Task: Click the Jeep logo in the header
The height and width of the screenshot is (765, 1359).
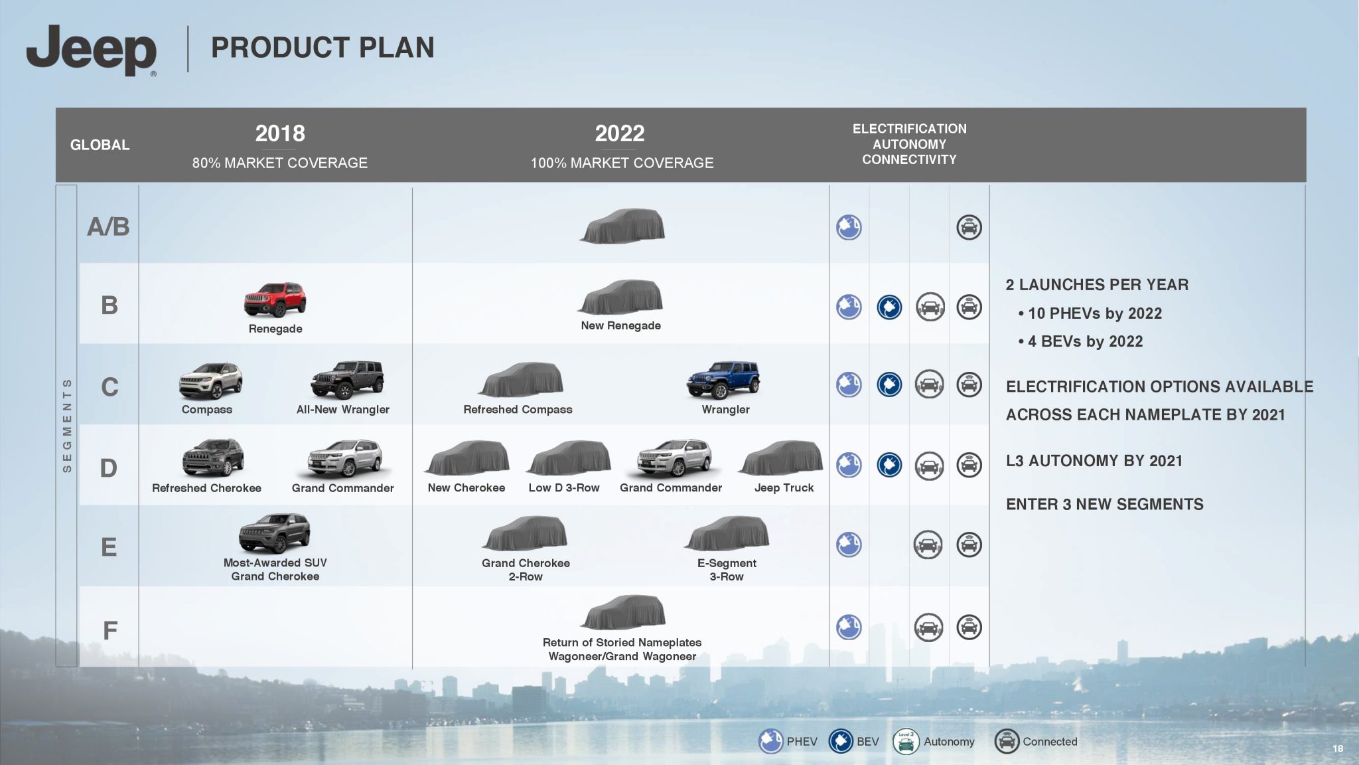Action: point(92,50)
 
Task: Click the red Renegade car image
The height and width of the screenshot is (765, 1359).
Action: point(275,299)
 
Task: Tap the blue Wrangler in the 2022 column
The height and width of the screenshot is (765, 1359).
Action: point(724,380)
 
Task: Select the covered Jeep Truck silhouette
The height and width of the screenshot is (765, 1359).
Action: point(781,458)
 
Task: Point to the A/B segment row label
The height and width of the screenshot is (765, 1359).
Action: point(108,226)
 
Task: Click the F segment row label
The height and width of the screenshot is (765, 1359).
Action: point(109,630)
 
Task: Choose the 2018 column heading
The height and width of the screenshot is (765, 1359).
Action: point(280,133)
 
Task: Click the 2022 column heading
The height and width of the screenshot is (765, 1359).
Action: point(620,133)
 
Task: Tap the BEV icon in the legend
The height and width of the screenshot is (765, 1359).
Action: point(841,741)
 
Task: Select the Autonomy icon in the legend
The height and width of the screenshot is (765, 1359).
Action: point(906,741)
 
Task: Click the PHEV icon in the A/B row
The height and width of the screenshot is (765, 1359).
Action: point(849,227)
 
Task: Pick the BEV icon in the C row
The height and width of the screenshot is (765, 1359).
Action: point(889,384)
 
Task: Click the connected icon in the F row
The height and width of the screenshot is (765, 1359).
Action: point(969,627)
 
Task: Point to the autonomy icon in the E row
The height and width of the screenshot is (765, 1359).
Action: point(928,545)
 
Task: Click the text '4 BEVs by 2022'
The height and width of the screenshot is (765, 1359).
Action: point(1086,341)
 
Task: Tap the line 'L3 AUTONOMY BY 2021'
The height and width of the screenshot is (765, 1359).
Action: point(1094,461)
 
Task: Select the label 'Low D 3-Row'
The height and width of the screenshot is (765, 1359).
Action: point(564,488)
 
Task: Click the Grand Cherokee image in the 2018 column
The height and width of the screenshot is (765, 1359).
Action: point(275,533)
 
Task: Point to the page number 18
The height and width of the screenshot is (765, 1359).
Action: point(1338,749)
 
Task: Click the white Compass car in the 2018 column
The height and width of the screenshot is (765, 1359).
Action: point(210,380)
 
